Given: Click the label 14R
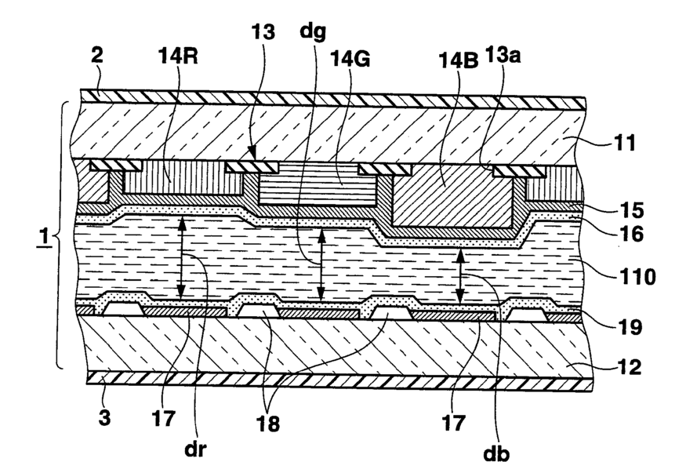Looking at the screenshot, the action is (x=178, y=56).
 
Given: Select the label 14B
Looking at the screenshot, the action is (x=459, y=60).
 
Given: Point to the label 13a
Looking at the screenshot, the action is (x=503, y=55).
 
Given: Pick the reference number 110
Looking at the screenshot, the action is (x=637, y=277).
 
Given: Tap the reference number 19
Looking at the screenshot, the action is (x=630, y=326).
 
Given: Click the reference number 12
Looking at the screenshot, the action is (x=629, y=366).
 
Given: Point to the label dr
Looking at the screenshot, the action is (x=195, y=449).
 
